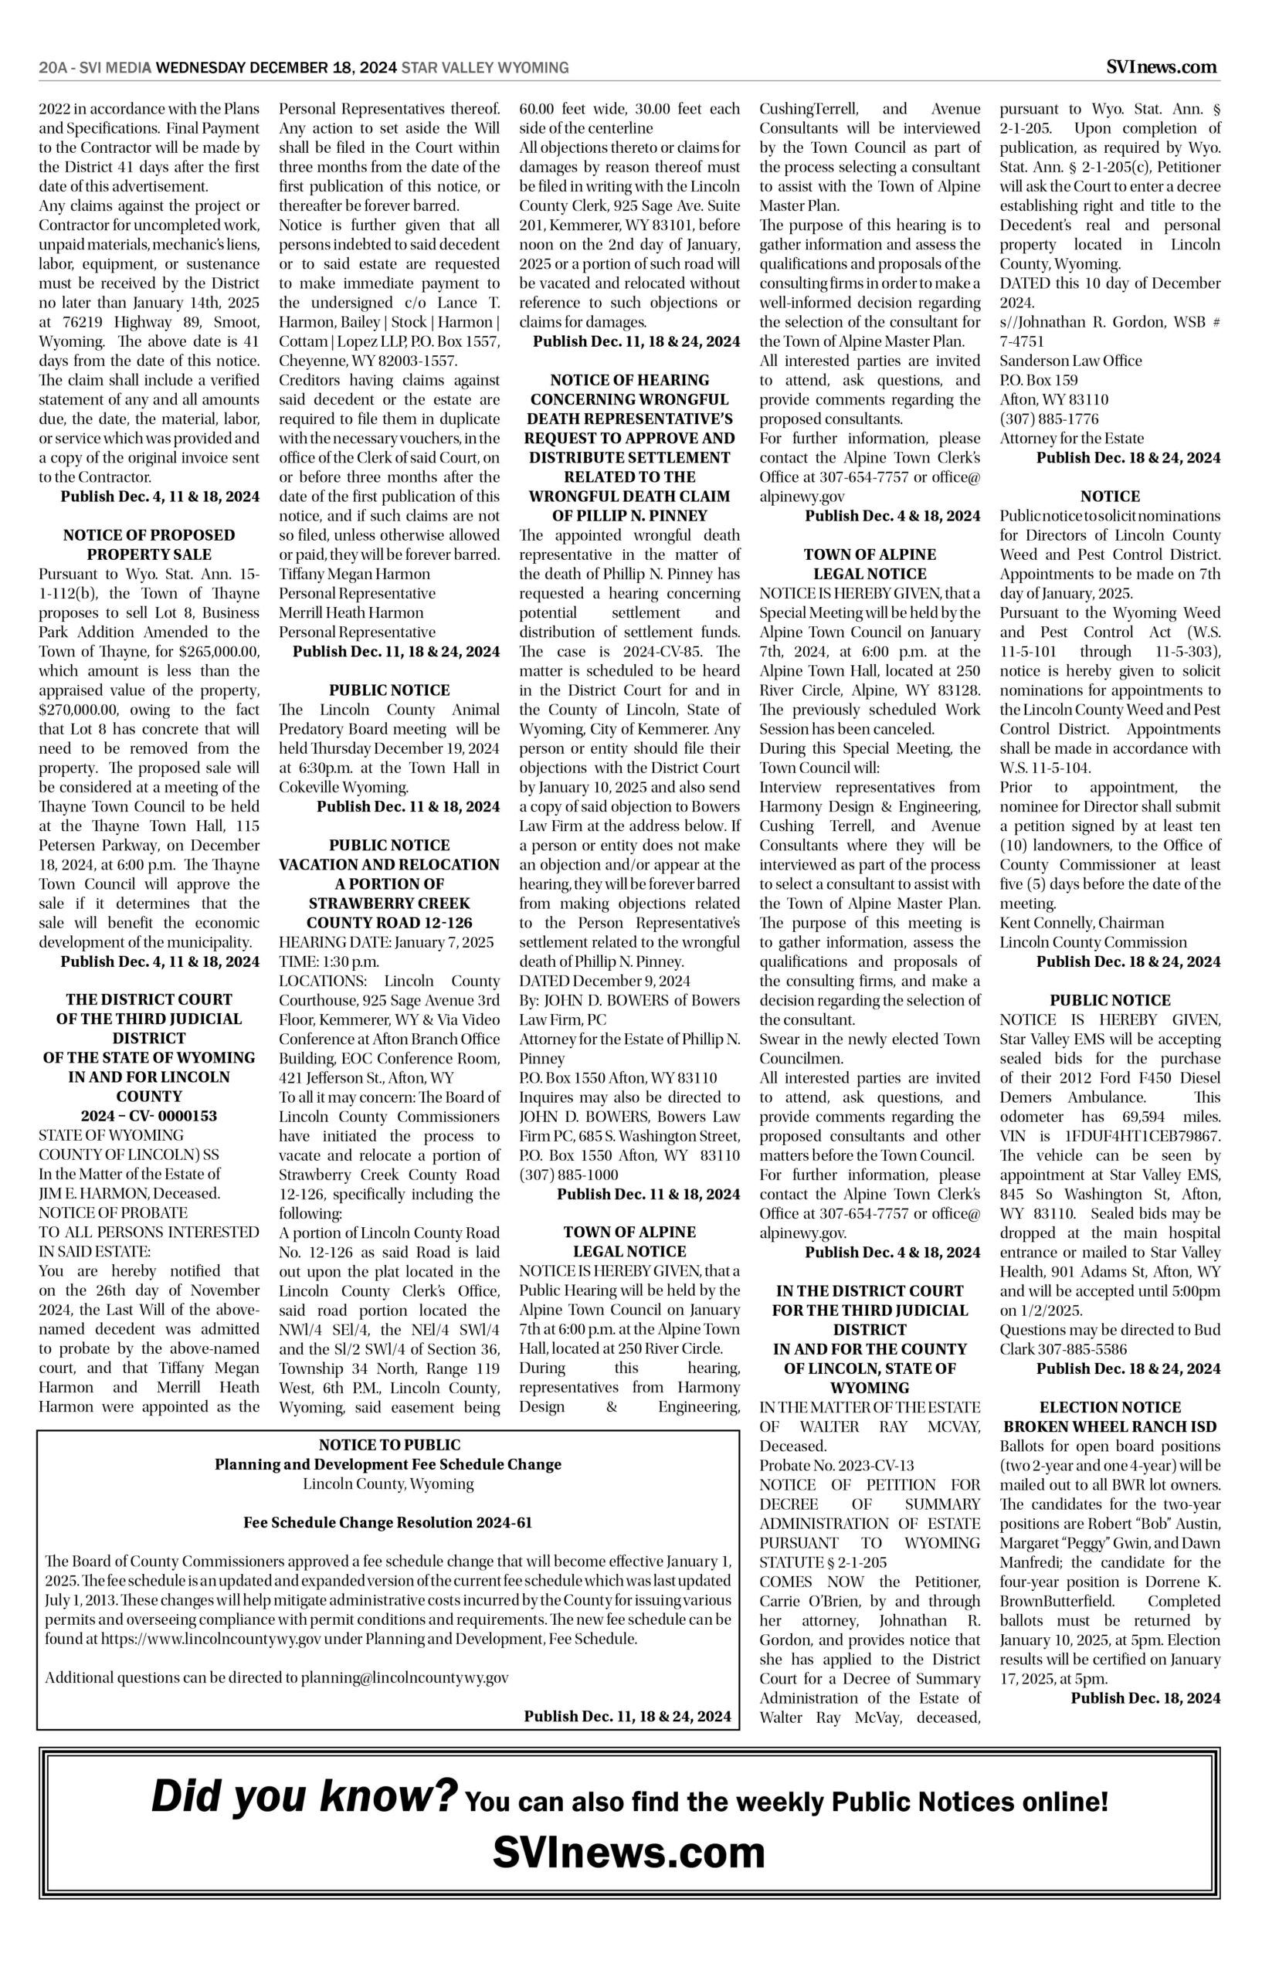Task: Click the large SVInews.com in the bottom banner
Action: click(629, 1875)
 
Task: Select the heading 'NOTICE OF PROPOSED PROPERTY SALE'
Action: click(150, 544)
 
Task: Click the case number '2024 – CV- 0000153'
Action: click(150, 1115)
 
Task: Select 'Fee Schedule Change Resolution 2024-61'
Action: click(388, 1523)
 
